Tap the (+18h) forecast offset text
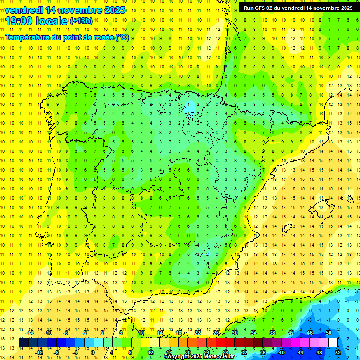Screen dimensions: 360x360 pyautogui.click(x=81, y=21)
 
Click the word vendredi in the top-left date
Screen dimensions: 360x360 pyautogui.click(x=23, y=9)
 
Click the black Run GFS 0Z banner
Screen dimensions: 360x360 pyautogui.click(x=298, y=8)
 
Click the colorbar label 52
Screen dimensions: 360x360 pyautogui.click(x=338, y=352)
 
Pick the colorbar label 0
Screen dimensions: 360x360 pyautogui.click(x=93, y=352)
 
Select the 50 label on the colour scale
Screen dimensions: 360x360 pyautogui.click(x=329, y=333)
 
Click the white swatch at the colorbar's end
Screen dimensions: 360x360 pyautogui.click(x=333, y=343)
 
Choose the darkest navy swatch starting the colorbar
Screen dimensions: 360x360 pyautogui.click(x=23, y=343)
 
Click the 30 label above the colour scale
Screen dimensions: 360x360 pyautogui.click(x=235, y=333)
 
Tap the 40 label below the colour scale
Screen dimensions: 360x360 pyautogui.click(x=282, y=352)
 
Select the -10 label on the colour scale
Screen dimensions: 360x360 pyautogui.click(x=48, y=333)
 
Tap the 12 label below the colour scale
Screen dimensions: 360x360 pyautogui.click(x=150, y=352)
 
